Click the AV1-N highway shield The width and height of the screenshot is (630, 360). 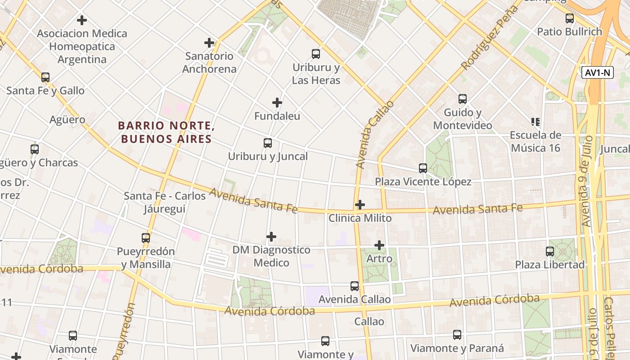coord(598,72)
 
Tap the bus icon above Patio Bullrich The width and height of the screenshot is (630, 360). coord(570,18)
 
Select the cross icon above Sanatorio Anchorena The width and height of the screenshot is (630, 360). coord(209,43)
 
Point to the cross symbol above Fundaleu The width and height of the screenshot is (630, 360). coord(277,103)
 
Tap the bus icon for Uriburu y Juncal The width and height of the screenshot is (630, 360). coord(268,143)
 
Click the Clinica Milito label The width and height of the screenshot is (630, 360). coord(360,218)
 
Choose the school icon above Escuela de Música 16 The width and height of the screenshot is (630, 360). coord(535,121)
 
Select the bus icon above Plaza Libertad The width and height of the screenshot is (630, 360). coord(550,251)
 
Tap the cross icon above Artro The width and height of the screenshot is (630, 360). coord(379,245)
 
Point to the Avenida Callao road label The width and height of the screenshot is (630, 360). coord(374,135)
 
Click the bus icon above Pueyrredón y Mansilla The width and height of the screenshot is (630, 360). coord(146,238)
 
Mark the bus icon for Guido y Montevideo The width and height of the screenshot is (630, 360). coord(463,99)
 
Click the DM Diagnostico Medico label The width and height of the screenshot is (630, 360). coord(271,256)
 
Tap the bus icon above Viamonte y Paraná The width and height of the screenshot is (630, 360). coord(457,335)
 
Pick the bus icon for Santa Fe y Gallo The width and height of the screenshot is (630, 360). coord(45,77)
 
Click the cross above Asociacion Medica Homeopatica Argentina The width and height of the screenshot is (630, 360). coord(82,20)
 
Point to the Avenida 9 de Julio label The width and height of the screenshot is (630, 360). coord(585,180)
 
